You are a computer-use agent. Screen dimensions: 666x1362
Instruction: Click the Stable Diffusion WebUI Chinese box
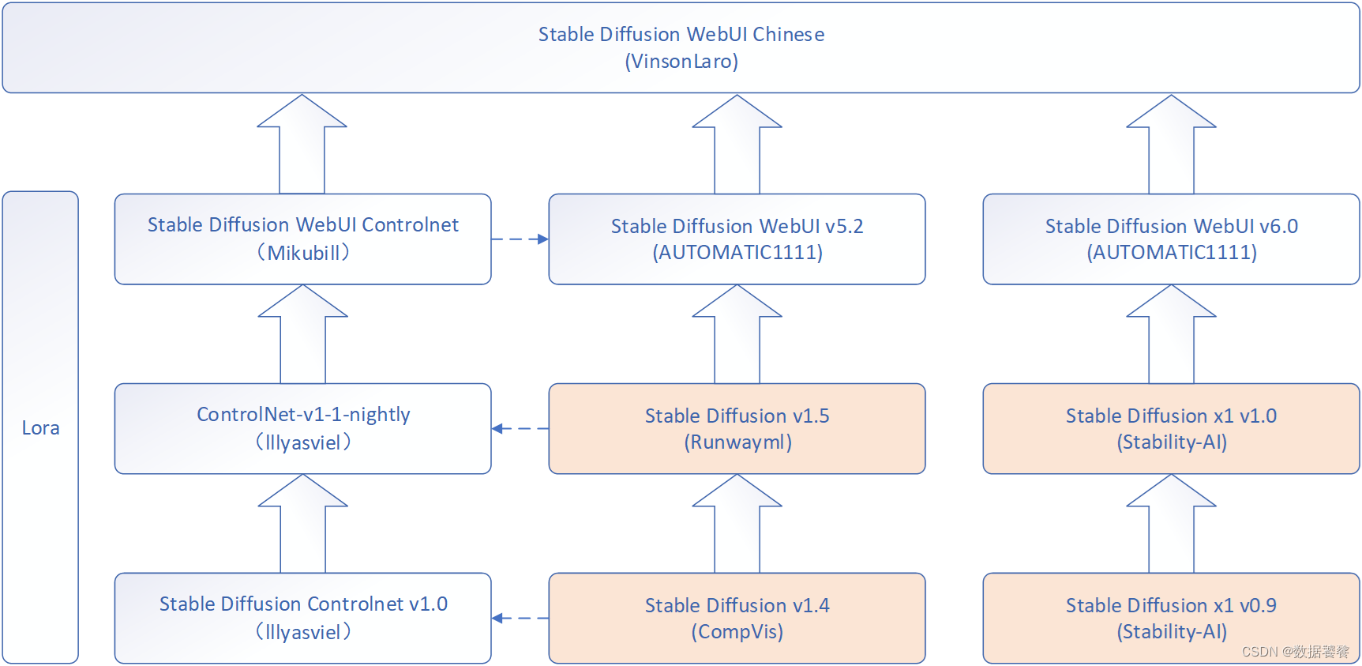[681, 47]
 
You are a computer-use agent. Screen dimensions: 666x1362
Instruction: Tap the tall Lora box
[40, 427]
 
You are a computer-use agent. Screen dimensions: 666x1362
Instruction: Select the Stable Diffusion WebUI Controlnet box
[302, 239]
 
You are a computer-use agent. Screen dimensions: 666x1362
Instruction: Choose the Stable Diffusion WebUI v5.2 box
[737, 239]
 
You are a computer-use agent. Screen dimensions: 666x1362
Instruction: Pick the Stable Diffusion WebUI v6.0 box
[1171, 239]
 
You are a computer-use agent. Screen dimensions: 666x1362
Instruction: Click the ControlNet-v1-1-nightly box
[302, 428]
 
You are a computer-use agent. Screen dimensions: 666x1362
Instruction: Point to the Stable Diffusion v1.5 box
[737, 428]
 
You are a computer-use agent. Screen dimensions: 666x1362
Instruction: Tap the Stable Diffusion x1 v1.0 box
[1171, 428]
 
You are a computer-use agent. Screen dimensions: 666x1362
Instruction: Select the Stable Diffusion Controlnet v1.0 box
[302, 618]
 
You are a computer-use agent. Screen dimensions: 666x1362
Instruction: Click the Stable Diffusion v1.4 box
[737, 618]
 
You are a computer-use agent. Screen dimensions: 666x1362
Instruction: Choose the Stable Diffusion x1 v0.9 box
[1171, 618]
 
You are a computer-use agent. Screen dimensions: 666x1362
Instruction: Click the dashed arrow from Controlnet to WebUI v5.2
[520, 239]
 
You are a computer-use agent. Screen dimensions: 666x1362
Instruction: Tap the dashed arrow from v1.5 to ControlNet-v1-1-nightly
[520, 428]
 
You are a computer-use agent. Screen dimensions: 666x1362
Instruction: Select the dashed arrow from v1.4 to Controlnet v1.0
[520, 618]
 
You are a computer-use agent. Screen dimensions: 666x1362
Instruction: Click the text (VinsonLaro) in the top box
[681, 62]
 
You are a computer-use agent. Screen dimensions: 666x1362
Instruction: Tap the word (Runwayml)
[737, 442]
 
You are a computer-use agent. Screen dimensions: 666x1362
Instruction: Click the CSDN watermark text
[1295, 652]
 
